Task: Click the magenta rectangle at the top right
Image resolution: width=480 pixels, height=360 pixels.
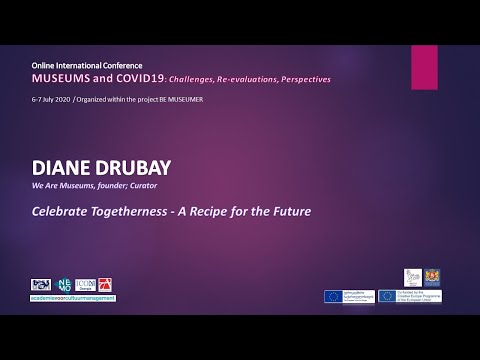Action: coord(425,67)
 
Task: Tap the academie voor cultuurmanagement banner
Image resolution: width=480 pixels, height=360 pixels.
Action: coord(73,298)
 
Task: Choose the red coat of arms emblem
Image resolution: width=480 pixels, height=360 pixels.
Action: coord(433,276)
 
